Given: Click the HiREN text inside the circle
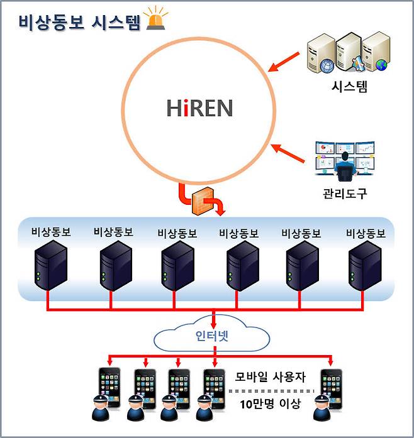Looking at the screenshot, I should point(199,108).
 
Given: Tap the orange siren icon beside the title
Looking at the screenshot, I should point(155,19).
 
